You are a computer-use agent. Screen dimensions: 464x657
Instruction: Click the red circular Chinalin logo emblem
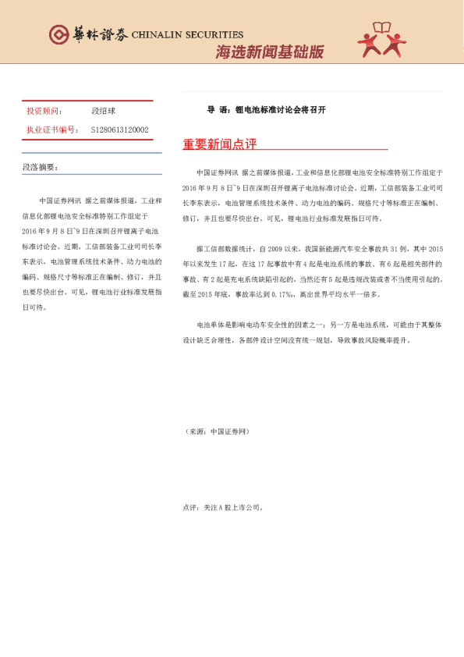[x=59, y=35]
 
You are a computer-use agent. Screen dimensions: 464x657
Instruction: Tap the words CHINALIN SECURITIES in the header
[x=187, y=35]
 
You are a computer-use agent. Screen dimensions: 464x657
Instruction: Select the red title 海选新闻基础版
[x=269, y=52]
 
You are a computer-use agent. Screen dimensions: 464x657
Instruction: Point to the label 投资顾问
[x=44, y=112]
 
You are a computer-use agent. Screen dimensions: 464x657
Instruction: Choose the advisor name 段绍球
[x=103, y=112]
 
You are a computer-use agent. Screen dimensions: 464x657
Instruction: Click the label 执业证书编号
[x=51, y=130]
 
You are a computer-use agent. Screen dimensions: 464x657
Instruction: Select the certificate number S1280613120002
[x=119, y=130]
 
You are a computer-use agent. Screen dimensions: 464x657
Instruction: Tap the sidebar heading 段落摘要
[x=40, y=167]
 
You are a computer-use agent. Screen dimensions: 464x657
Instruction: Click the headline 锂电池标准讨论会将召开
[x=280, y=110]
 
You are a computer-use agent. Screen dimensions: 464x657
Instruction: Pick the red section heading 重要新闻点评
[x=219, y=144]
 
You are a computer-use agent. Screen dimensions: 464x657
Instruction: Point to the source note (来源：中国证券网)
[x=218, y=431]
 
